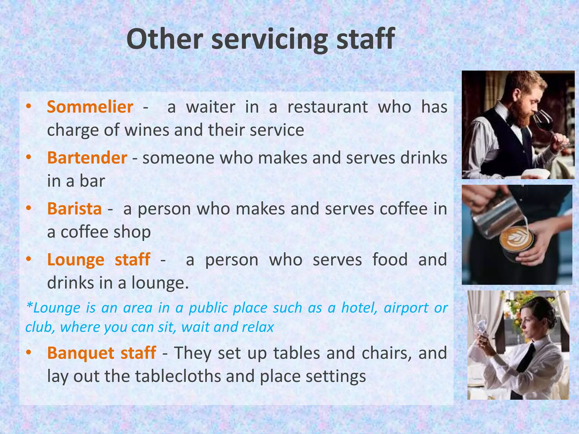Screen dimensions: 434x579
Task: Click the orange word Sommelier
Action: [x=90, y=107]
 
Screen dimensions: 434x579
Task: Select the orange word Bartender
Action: [x=87, y=158]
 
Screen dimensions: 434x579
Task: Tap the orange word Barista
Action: [x=74, y=209]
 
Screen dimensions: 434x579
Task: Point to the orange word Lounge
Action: [x=76, y=260]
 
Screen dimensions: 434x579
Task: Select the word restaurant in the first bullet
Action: [x=328, y=107]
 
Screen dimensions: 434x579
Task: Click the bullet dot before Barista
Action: [x=28, y=208]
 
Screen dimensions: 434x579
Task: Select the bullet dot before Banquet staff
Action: [x=28, y=352]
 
